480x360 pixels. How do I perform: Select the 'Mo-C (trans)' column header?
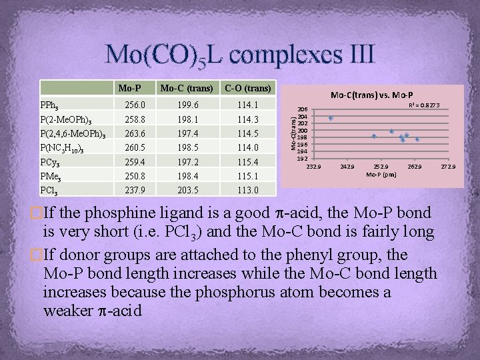187,88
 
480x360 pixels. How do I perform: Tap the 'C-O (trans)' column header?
247,88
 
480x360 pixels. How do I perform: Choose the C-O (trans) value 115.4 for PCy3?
247,161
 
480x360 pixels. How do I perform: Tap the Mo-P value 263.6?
135,133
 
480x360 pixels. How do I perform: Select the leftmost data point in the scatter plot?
331,118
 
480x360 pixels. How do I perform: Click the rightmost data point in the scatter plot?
417,139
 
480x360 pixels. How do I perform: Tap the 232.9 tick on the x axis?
314,166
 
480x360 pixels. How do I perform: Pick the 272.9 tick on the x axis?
447,166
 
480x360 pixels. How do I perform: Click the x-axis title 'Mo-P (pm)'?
381,175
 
